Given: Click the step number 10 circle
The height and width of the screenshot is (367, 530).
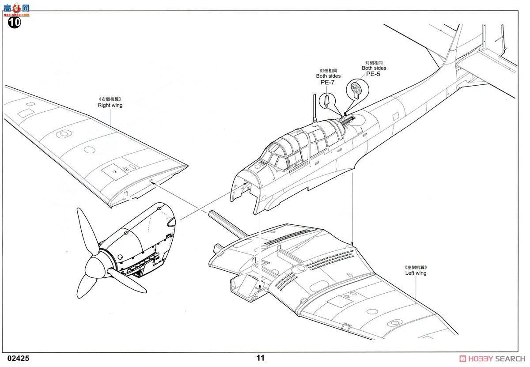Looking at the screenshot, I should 14,23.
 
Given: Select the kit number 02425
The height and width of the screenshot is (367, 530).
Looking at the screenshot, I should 18,359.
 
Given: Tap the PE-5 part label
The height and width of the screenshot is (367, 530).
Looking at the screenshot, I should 373,74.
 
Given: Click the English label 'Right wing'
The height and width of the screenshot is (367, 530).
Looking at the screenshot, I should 110,105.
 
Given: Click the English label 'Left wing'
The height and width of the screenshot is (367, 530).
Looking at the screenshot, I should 416,273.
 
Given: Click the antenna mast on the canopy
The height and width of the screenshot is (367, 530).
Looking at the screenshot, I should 315,110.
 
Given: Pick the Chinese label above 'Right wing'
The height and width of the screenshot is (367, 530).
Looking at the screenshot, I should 110,99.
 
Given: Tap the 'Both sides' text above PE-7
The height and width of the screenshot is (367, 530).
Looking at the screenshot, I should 328,76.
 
